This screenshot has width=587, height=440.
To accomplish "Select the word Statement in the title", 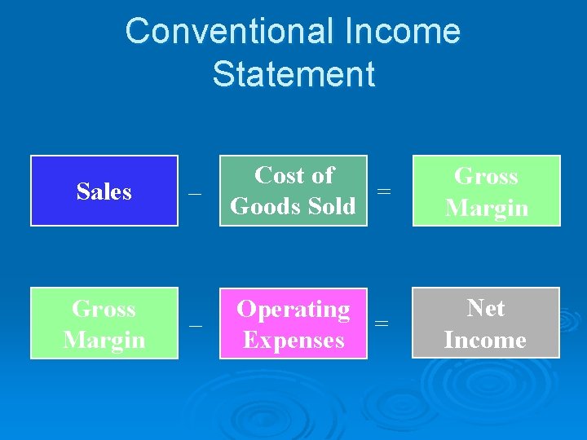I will coord(293,74).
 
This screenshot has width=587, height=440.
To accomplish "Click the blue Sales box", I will coord(104,191).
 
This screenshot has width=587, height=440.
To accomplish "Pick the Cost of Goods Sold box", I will coord(293,191).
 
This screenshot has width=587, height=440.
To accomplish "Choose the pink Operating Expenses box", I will coord(293,323).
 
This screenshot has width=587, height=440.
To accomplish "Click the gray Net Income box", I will coord(486,323).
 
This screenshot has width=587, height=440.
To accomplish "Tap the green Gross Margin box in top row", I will coord(487,191).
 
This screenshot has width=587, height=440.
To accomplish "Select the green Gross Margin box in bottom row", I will coord(104,323).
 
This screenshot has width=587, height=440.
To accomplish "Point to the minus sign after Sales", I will coord(195,194).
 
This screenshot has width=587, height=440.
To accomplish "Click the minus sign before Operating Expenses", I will coord(195,326).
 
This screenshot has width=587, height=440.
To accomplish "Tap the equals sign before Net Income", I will coord(381,323).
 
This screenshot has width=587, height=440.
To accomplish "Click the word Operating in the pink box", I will coord(293,310).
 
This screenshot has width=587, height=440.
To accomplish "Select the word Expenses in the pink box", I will coord(293,340).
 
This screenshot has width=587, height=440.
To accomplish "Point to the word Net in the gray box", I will coord(486,308).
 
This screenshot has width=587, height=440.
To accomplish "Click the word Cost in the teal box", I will coord(278,175).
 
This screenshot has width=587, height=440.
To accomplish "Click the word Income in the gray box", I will coord(486,339).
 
